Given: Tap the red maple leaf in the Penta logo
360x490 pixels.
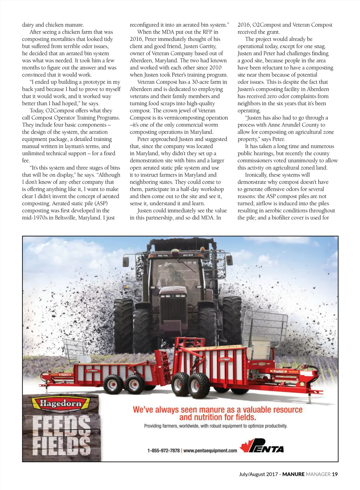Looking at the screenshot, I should click(x=244, y=446).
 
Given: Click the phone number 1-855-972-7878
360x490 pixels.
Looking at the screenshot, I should click(x=163, y=451).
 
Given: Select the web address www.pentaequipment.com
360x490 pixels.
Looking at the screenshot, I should click(x=210, y=451).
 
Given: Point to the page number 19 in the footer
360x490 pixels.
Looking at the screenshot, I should click(x=335, y=474).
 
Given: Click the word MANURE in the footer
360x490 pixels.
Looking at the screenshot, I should click(x=293, y=474).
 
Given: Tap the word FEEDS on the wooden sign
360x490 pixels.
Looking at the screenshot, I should click(x=61, y=425).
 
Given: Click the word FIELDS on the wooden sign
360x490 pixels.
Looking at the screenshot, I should click(x=61, y=446).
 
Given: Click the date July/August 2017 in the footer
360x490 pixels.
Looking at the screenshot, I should click(x=258, y=474).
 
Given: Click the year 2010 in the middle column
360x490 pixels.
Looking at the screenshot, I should click(x=215, y=68).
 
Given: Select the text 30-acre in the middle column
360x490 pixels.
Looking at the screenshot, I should click(x=200, y=82).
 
